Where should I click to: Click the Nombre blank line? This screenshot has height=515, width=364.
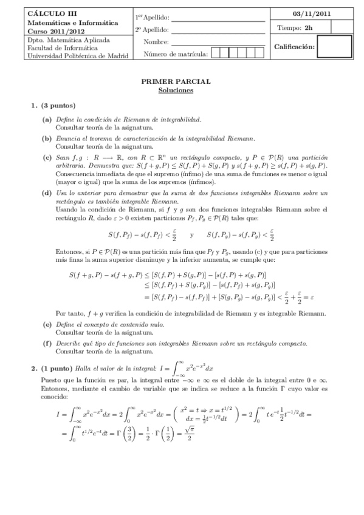[x=218, y=43]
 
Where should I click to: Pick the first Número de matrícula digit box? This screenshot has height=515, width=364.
[x=216, y=53]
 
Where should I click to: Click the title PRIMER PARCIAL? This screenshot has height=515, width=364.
[x=176, y=81]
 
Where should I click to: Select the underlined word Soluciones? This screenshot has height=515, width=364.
[x=176, y=90]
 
